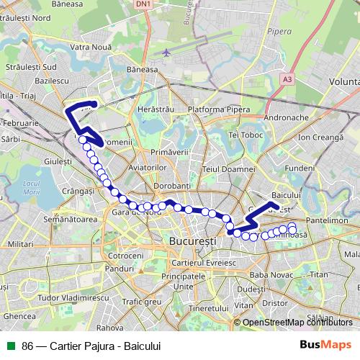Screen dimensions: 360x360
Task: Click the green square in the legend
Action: coord(12,346)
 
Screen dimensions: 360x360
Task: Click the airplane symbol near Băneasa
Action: coord(168,52)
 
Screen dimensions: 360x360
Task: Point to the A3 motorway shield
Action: coord(289,78)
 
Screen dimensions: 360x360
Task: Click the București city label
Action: coord(192,242)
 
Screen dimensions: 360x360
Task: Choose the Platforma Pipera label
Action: coord(214,109)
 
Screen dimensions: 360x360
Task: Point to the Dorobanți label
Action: coord(171,186)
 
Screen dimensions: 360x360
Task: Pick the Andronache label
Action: coord(287,117)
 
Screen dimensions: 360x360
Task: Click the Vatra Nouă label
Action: coord(90,47)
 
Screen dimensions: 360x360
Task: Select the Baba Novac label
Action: coord(269,275)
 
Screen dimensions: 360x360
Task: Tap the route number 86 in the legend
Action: coord(27,346)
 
